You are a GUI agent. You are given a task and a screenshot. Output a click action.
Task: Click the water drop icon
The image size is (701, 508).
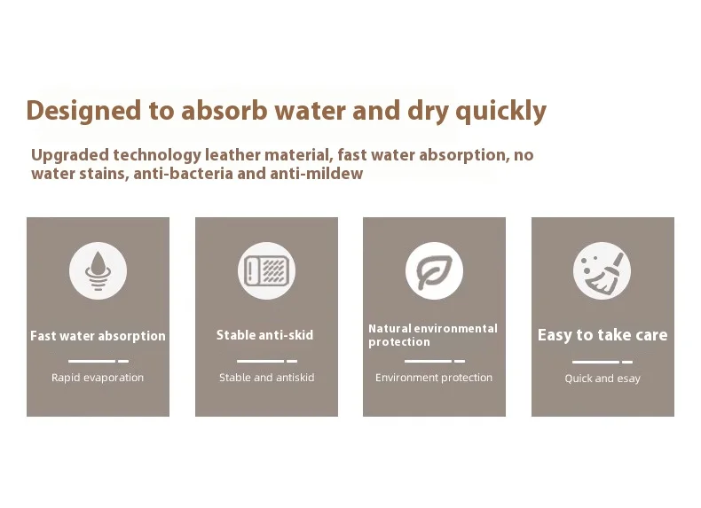[x=98, y=270]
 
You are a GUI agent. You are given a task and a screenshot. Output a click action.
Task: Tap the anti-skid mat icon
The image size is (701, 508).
[x=266, y=270]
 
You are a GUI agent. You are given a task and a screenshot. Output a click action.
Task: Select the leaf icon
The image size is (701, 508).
[x=434, y=270]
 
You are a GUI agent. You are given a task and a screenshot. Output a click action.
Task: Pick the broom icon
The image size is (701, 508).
[x=603, y=270]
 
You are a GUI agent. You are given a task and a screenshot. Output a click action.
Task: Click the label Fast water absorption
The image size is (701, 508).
[x=98, y=336]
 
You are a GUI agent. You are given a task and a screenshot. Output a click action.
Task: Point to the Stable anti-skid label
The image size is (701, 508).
[x=265, y=335]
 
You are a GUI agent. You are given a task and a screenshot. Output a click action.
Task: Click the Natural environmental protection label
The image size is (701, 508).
[x=433, y=335]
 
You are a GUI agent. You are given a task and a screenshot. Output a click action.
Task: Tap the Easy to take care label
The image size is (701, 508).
[x=603, y=335]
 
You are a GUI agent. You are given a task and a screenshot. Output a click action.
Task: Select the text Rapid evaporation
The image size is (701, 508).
[x=98, y=378]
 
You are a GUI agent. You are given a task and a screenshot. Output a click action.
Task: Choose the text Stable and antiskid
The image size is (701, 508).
[x=266, y=378]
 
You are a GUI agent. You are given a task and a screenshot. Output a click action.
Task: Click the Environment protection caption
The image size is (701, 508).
[x=434, y=378]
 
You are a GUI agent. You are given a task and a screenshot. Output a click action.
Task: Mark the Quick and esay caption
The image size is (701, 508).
[x=603, y=379]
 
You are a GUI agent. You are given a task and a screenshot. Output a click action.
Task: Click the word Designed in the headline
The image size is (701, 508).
[x=83, y=111]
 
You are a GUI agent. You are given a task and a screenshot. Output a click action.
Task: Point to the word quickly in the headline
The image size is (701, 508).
[x=500, y=111]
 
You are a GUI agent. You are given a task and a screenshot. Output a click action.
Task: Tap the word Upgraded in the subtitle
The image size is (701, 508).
[x=70, y=155]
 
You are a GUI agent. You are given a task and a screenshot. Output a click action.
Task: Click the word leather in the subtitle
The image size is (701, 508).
[x=232, y=155]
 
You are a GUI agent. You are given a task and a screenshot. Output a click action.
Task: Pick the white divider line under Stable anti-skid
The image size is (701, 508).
[x=267, y=361]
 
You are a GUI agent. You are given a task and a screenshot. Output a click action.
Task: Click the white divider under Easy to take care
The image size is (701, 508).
[x=603, y=362]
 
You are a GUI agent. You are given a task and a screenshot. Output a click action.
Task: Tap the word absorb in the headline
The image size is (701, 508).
[x=224, y=110]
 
